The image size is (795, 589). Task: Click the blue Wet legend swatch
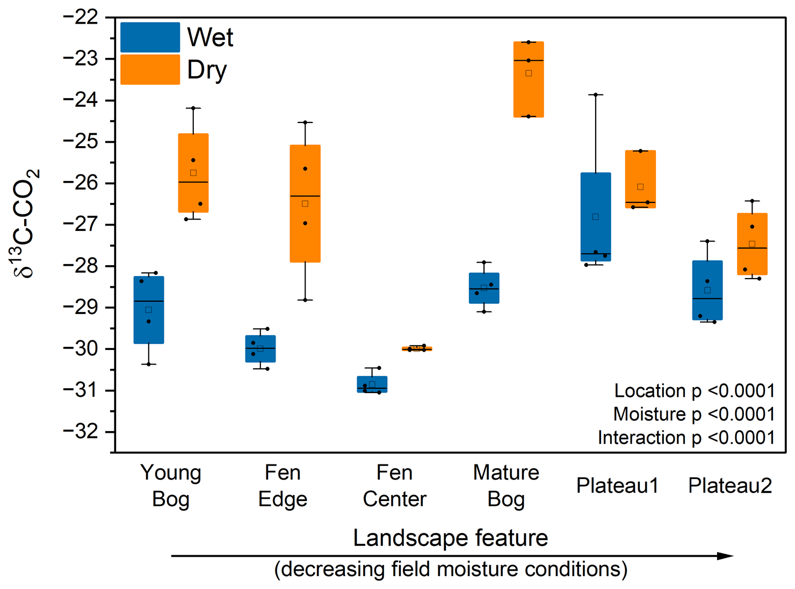[x=150, y=37]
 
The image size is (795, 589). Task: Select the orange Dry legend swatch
[x=150, y=69]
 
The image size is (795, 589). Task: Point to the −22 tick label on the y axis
[x=81, y=18]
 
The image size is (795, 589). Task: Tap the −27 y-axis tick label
[x=81, y=224]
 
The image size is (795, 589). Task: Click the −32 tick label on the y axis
[x=81, y=432]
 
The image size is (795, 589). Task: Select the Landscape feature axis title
[x=450, y=537]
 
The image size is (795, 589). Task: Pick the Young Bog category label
[x=171, y=485]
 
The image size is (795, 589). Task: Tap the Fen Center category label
[x=394, y=485]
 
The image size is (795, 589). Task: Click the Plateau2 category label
[x=730, y=485]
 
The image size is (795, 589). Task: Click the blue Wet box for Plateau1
[x=596, y=217]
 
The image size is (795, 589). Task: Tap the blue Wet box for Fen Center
[x=372, y=384]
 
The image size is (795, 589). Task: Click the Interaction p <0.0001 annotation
[x=686, y=438]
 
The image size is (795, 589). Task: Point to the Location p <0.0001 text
[x=694, y=391]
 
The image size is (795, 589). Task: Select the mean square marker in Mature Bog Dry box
[x=529, y=74]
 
